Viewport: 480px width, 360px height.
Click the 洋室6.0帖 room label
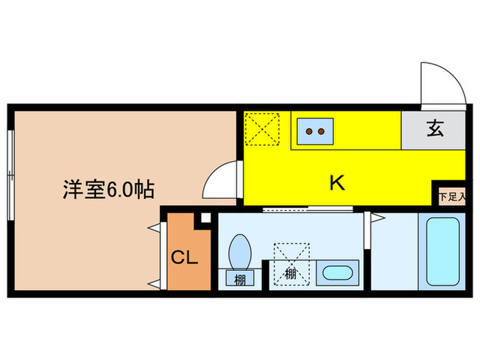[x=108, y=189]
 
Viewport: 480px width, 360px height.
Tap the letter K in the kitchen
[x=337, y=182]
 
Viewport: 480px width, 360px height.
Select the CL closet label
[x=184, y=258]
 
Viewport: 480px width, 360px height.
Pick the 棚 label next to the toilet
[x=240, y=279]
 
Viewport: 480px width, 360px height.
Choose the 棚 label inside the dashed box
[x=291, y=273]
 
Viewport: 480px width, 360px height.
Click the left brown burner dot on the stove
[x=309, y=130]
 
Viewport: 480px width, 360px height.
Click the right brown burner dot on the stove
[x=321, y=130]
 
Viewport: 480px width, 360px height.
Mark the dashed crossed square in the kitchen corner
[x=263, y=128]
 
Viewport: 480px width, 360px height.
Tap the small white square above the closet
[x=204, y=219]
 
